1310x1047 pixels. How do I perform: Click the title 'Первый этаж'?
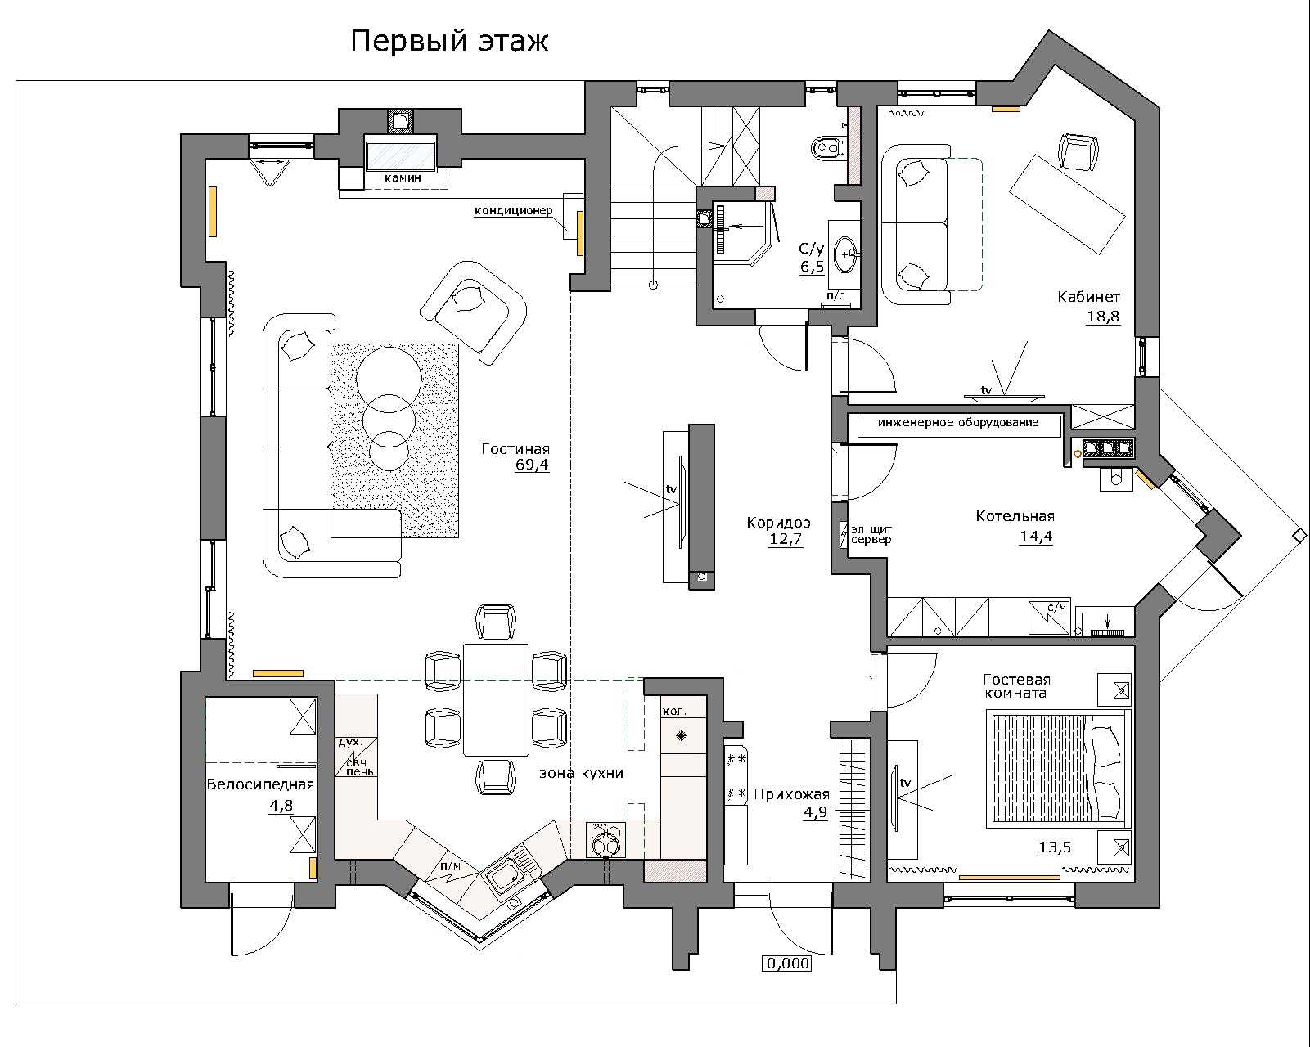click(x=449, y=41)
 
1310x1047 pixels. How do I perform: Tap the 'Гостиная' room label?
click(x=515, y=449)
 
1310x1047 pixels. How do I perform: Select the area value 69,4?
click(x=532, y=465)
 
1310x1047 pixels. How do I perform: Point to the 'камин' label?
click(x=403, y=178)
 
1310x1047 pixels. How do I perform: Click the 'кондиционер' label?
click(x=513, y=210)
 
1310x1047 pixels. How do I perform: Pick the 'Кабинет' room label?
click(x=1088, y=297)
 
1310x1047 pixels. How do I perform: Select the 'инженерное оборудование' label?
click(x=958, y=422)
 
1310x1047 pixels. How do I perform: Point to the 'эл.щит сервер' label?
click(x=871, y=534)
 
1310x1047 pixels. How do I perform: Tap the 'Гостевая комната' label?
click(x=1016, y=686)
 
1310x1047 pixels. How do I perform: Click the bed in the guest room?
click(x=1058, y=768)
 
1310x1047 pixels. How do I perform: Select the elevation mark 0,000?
click(x=788, y=964)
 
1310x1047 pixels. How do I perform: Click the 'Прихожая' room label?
click(x=792, y=793)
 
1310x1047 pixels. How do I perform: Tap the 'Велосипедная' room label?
click(x=260, y=784)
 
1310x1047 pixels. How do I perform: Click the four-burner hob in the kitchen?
click(x=605, y=840)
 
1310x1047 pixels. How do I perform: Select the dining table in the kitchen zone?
click(x=496, y=699)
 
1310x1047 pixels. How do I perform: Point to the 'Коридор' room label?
click(x=779, y=523)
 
